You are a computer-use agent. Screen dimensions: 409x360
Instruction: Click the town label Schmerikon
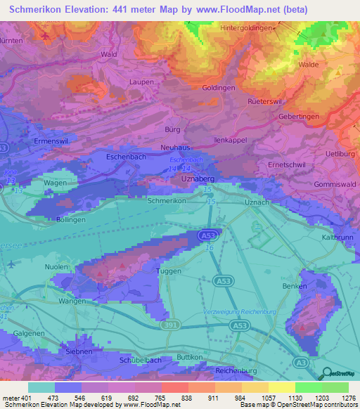(x=167, y=201)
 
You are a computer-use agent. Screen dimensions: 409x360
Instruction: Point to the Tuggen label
(x=167, y=271)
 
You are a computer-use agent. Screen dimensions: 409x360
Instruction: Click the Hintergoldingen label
(x=246, y=28)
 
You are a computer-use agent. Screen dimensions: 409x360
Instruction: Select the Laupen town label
(x=141, y=82)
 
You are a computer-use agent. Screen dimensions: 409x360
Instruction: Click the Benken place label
(x=293, y=287)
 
